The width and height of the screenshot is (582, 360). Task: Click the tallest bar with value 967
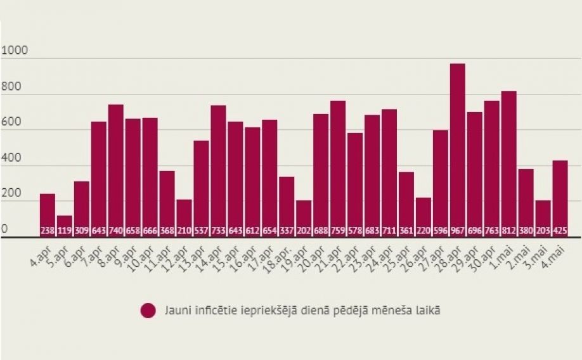point(457,149)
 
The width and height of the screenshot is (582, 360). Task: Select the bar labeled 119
point(65,223)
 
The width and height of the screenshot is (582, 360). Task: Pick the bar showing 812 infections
point(508,162)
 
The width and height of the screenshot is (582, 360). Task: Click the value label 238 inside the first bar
point(48,231)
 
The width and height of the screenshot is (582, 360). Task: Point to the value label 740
point(115,231)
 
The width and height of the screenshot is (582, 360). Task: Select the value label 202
point(304,231)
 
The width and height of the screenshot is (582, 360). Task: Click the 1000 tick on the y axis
point(15,51)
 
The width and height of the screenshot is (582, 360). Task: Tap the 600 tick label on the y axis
point(12,122)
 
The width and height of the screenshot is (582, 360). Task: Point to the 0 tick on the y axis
point(4,228)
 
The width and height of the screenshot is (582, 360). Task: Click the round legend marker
point(148,311)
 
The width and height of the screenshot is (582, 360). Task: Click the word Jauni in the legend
point(177,311)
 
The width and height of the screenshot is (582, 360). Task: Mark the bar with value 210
point(184,215)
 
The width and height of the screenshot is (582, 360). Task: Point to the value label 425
point(560,231)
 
